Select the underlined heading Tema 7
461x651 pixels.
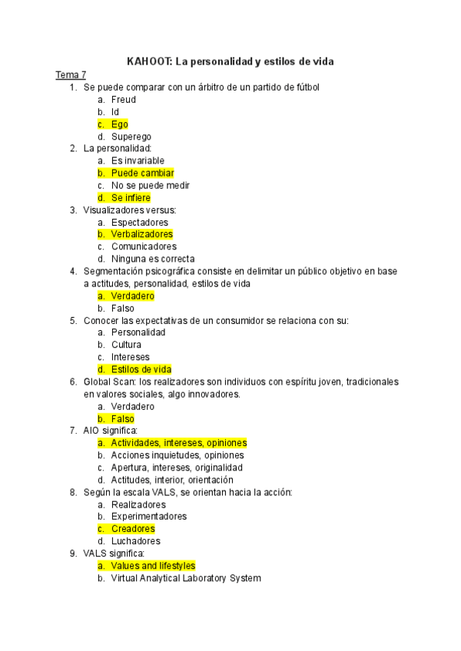click(x=71, y=75)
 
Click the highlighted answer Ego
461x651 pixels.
click(x=119, y=124)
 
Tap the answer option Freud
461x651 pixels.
click(x=124, y=100)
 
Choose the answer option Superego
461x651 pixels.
click(x=131, y=137)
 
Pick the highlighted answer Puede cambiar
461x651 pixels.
click(x=142, y=173)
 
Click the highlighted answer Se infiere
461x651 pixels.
click(x=131, y=198)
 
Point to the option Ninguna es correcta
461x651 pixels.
click(x=153, y=259)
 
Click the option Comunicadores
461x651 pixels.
click(x=144, y=246)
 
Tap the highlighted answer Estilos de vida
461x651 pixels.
click(x=141, y=369)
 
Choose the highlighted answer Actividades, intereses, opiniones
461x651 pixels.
click(x=179, y=443)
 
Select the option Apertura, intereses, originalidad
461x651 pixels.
click(x=177, y=468)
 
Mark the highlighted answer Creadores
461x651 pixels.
click(x=133, y=529)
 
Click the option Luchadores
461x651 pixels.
click(x=136, y=541)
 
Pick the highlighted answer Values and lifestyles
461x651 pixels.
click(x=153, y=566)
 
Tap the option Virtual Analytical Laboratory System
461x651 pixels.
click(x=186, y=578)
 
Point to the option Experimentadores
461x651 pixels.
click(x=149, y=517)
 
